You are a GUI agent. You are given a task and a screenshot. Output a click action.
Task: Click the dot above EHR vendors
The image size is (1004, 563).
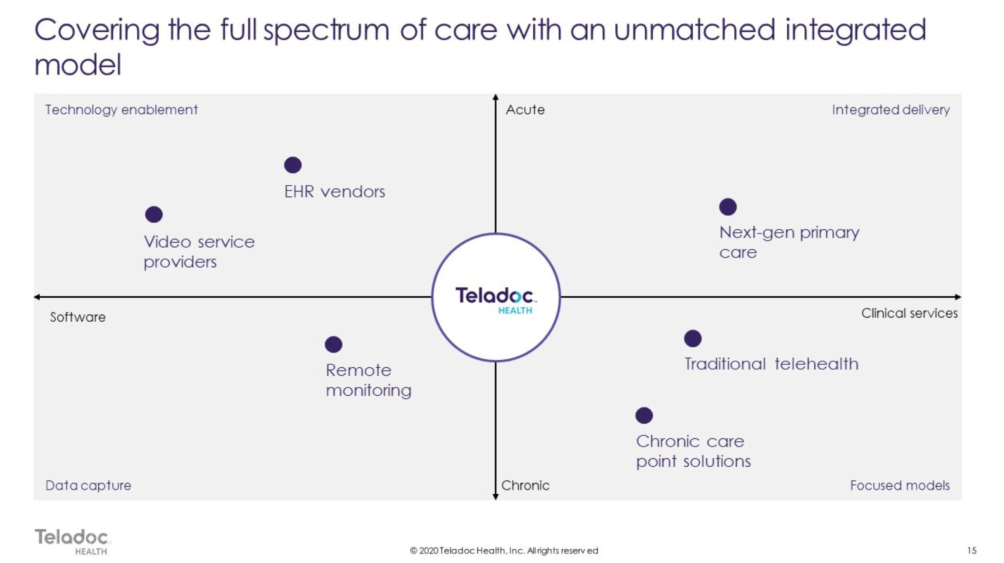coord(292,165)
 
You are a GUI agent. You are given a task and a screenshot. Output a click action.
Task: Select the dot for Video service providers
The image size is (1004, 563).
coord(154,215)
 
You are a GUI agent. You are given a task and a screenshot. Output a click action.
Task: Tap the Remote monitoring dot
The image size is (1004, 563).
coord(333,345)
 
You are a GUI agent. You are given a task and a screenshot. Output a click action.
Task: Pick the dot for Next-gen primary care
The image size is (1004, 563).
coord(728,207)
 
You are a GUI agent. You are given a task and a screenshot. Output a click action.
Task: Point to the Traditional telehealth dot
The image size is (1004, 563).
coord(693,338)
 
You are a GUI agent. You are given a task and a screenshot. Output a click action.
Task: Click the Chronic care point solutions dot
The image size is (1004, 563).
coord(644,416)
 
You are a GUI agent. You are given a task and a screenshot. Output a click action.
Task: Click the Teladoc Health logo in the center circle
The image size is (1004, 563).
coord(495,300)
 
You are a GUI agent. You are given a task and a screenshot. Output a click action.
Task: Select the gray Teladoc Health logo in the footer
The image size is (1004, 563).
coord(72,541)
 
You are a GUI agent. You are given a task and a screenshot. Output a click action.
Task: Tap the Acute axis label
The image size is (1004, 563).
coord(525,110)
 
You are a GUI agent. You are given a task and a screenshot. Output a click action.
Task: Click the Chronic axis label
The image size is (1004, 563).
coord(525,485)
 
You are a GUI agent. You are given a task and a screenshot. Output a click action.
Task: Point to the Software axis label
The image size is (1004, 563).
coord(78,317)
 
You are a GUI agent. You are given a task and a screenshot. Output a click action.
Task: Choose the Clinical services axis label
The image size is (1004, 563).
coord(909,313)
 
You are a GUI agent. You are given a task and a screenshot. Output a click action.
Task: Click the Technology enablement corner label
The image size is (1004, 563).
coord(121,110)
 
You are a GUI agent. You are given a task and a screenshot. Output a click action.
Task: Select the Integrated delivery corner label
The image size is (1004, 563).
coord(891,110)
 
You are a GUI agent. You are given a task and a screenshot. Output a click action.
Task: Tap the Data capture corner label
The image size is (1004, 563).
coord(88,485)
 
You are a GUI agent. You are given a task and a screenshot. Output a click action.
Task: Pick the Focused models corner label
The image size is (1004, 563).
coord(900,485)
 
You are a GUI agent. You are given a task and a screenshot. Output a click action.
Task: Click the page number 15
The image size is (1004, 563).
coord(972,550)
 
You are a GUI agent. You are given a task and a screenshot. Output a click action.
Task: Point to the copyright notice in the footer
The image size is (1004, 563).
coord(504,550)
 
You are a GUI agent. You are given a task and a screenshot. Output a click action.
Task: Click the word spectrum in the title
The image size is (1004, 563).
coord(326,30)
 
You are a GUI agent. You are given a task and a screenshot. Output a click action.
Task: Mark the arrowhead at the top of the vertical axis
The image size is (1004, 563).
coord(495,97)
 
